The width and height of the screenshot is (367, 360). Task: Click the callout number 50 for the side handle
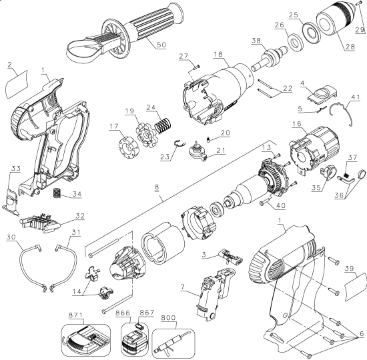(161, 45)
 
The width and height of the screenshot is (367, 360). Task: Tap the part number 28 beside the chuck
(350, 47)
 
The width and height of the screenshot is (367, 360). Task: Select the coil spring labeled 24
(163, 125)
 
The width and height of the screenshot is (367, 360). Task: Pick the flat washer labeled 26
(295, 43)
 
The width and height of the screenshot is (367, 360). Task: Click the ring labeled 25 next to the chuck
(310, 33)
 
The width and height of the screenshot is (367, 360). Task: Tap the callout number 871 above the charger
(75, 315)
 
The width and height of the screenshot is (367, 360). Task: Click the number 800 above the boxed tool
(168, 317)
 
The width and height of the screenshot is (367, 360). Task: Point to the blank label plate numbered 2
(17, 84)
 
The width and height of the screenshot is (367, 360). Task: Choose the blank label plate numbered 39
(355, 287)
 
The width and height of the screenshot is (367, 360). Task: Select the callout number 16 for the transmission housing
(296, 123)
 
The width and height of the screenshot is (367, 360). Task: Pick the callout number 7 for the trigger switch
(183, 287)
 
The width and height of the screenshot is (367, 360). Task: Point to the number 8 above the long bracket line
(157, 187)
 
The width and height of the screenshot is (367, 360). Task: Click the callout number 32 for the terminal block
(80, 216)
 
